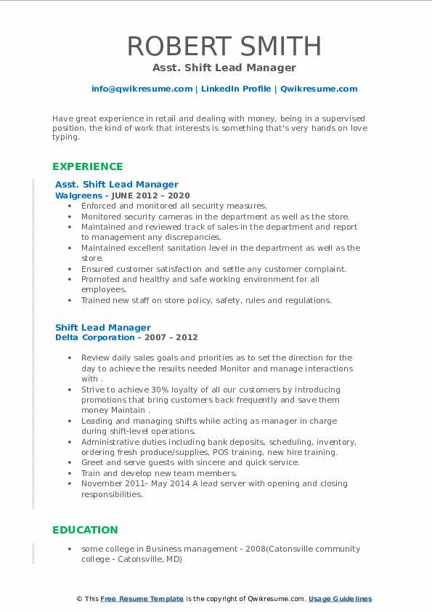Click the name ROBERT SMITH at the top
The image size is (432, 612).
pyautogui.click(x=224, y=47)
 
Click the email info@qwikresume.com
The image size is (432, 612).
pyautogui.click(x=142, y=89)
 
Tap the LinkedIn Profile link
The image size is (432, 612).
pyautogui.click(x=236, y=89)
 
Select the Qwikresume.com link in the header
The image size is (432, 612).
pyautogui.click(x=319, y=89)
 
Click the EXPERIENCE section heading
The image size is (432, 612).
pyautogui.click(x=87, y=166)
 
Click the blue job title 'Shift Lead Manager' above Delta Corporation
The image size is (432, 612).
pyautogui.click(x=103, y=327)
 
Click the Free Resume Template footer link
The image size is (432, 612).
pyautogui.click(x=142, y=599)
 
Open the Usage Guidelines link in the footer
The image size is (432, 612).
pyautogui.click(x=340, y=599)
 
